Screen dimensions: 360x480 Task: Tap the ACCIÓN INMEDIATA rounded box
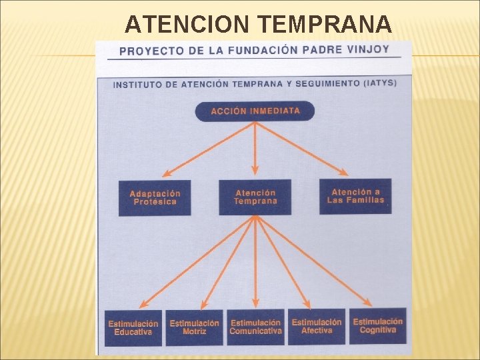point(255,111)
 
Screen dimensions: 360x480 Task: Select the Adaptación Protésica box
point(155,197)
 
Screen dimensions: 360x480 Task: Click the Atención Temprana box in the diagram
point(255,197)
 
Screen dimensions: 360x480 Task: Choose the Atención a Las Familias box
point(355,196)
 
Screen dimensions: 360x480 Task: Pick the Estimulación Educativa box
point(133,327)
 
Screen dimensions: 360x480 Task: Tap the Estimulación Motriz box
point(194,327)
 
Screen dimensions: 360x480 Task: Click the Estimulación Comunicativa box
point(255,327)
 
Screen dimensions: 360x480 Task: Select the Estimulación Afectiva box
point(317,326)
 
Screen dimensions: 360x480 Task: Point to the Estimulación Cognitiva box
point(377,325)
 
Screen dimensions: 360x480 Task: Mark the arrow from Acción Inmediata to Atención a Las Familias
point(313,149)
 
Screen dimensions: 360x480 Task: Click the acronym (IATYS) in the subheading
point(379,83)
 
